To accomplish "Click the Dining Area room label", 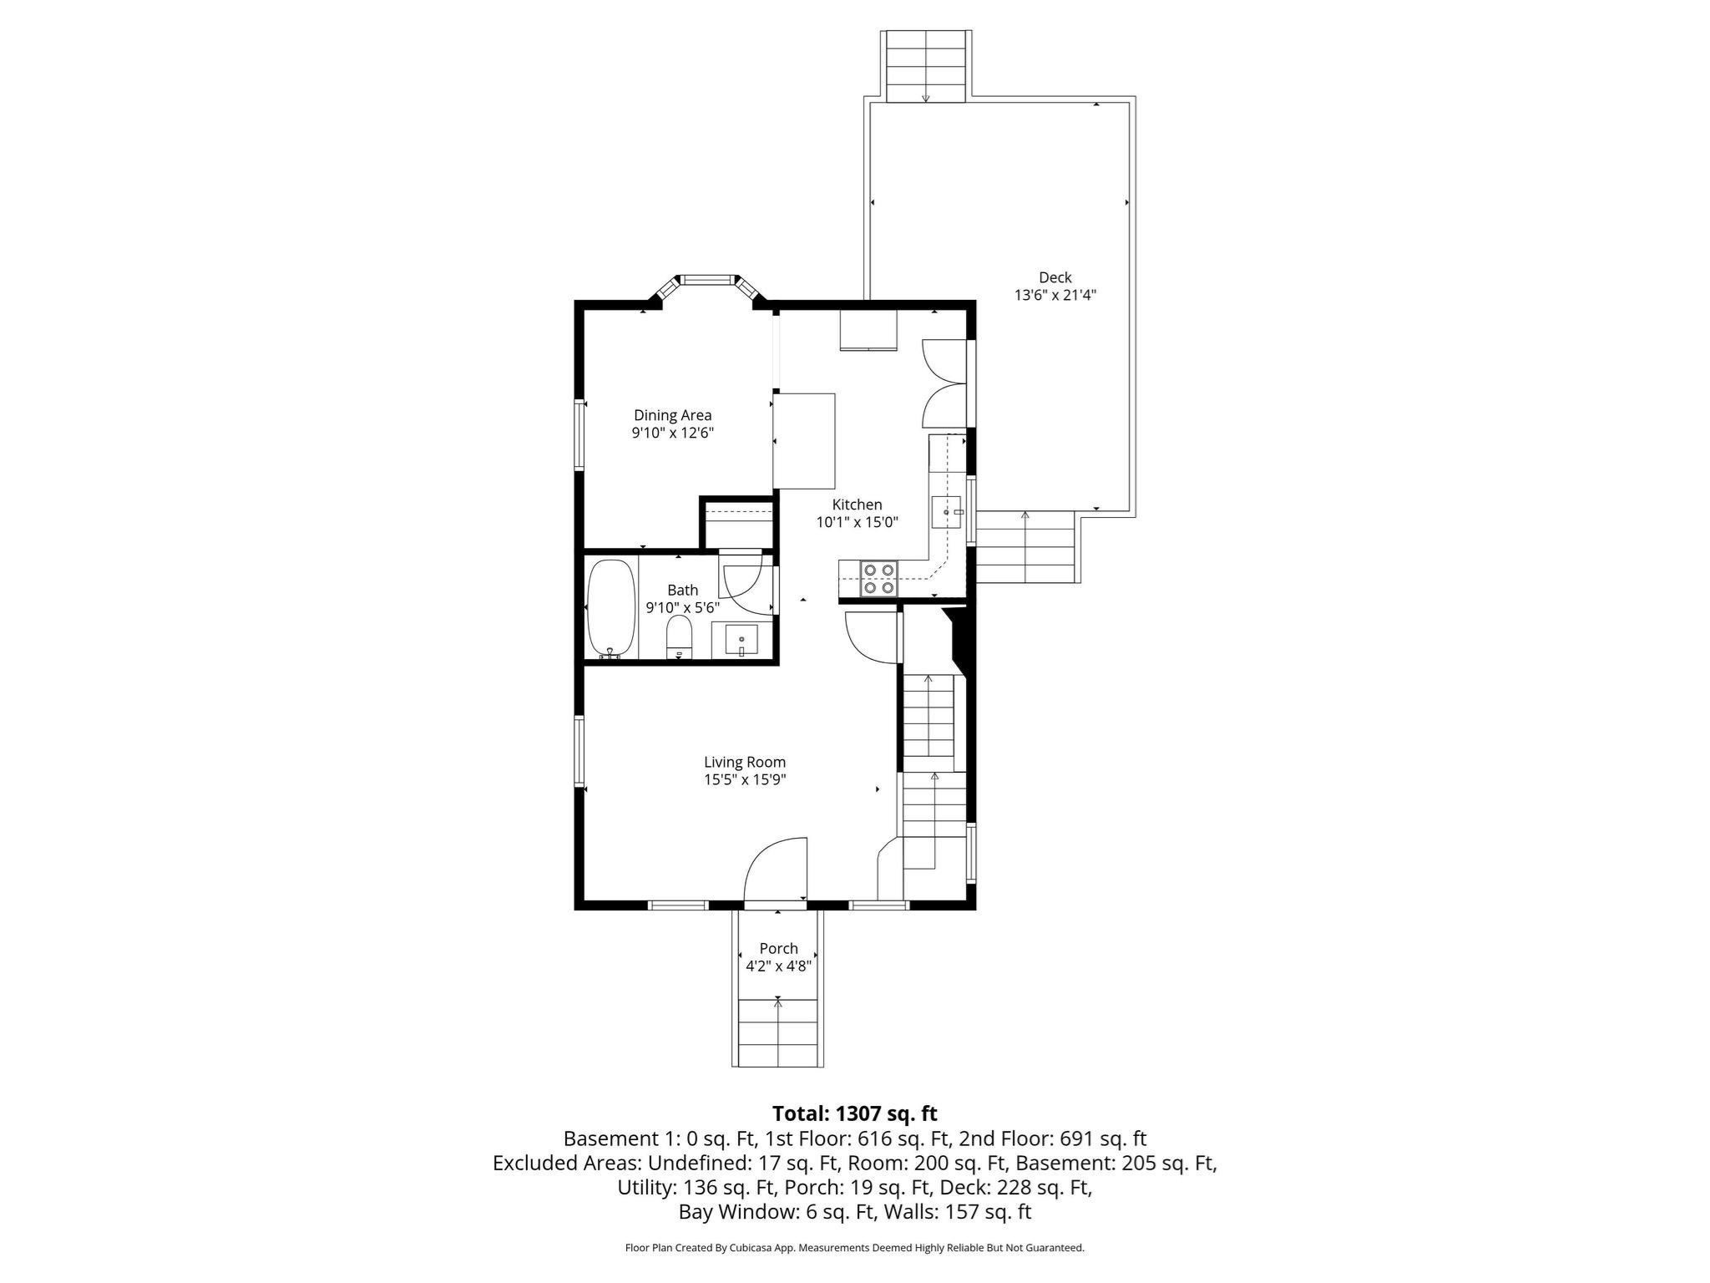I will [672, 415].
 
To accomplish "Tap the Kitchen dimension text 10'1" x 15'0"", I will [857, 522].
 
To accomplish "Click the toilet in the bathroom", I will [680, 638].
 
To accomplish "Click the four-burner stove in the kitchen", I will [879, 578].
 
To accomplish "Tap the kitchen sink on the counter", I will [947, 511].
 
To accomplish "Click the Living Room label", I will [745, 762].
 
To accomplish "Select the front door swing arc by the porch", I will [773, 869].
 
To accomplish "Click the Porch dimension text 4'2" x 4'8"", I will [778, 966].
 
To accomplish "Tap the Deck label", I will [1055, 277].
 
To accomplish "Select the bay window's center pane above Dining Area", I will [707, 279].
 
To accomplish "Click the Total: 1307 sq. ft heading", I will [854, 1113].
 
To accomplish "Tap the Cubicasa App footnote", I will [854, 1248].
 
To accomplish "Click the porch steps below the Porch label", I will [778, 1032].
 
